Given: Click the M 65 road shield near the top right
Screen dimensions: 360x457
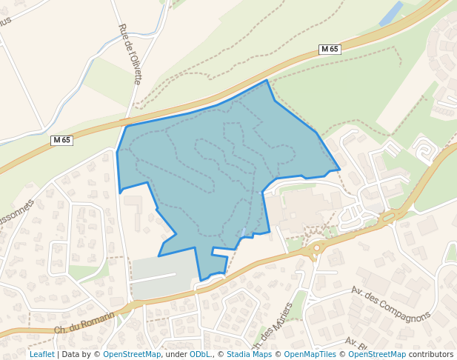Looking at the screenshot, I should [x=330, y=50].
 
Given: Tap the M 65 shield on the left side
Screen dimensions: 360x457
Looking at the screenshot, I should [x=61, y=140].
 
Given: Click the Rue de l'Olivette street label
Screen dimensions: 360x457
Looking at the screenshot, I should [x=130, y=53].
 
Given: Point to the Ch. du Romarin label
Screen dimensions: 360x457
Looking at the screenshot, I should [x=84, y=323].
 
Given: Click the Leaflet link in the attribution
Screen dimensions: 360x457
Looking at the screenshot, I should [x=41, y=354].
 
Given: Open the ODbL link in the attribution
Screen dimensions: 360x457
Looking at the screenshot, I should [x=199, y=354].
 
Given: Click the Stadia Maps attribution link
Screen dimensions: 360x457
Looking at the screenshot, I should [x=249, y=354].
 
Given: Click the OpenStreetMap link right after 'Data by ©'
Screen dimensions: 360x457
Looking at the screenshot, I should [x=132, y=354].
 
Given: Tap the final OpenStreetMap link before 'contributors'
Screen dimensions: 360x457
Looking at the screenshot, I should [x=377, y=354].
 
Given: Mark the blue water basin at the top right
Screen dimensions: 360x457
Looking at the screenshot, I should [x=391, y=13].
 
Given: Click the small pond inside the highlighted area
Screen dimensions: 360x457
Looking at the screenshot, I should [x=245, y=233].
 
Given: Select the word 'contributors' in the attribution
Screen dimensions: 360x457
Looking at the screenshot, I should [x=430, y=354].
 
